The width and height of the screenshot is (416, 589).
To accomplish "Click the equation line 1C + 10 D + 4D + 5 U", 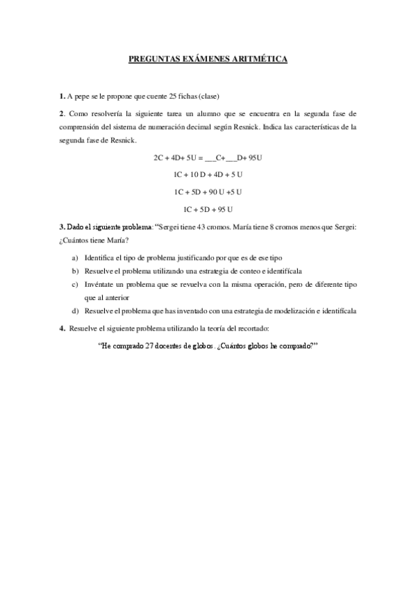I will [208, 174].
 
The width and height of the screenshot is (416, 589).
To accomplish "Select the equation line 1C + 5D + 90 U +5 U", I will [208, 191].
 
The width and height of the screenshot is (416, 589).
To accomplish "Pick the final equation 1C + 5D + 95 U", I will [208, 209].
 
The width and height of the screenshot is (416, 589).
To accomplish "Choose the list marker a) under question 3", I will [75, 257].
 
